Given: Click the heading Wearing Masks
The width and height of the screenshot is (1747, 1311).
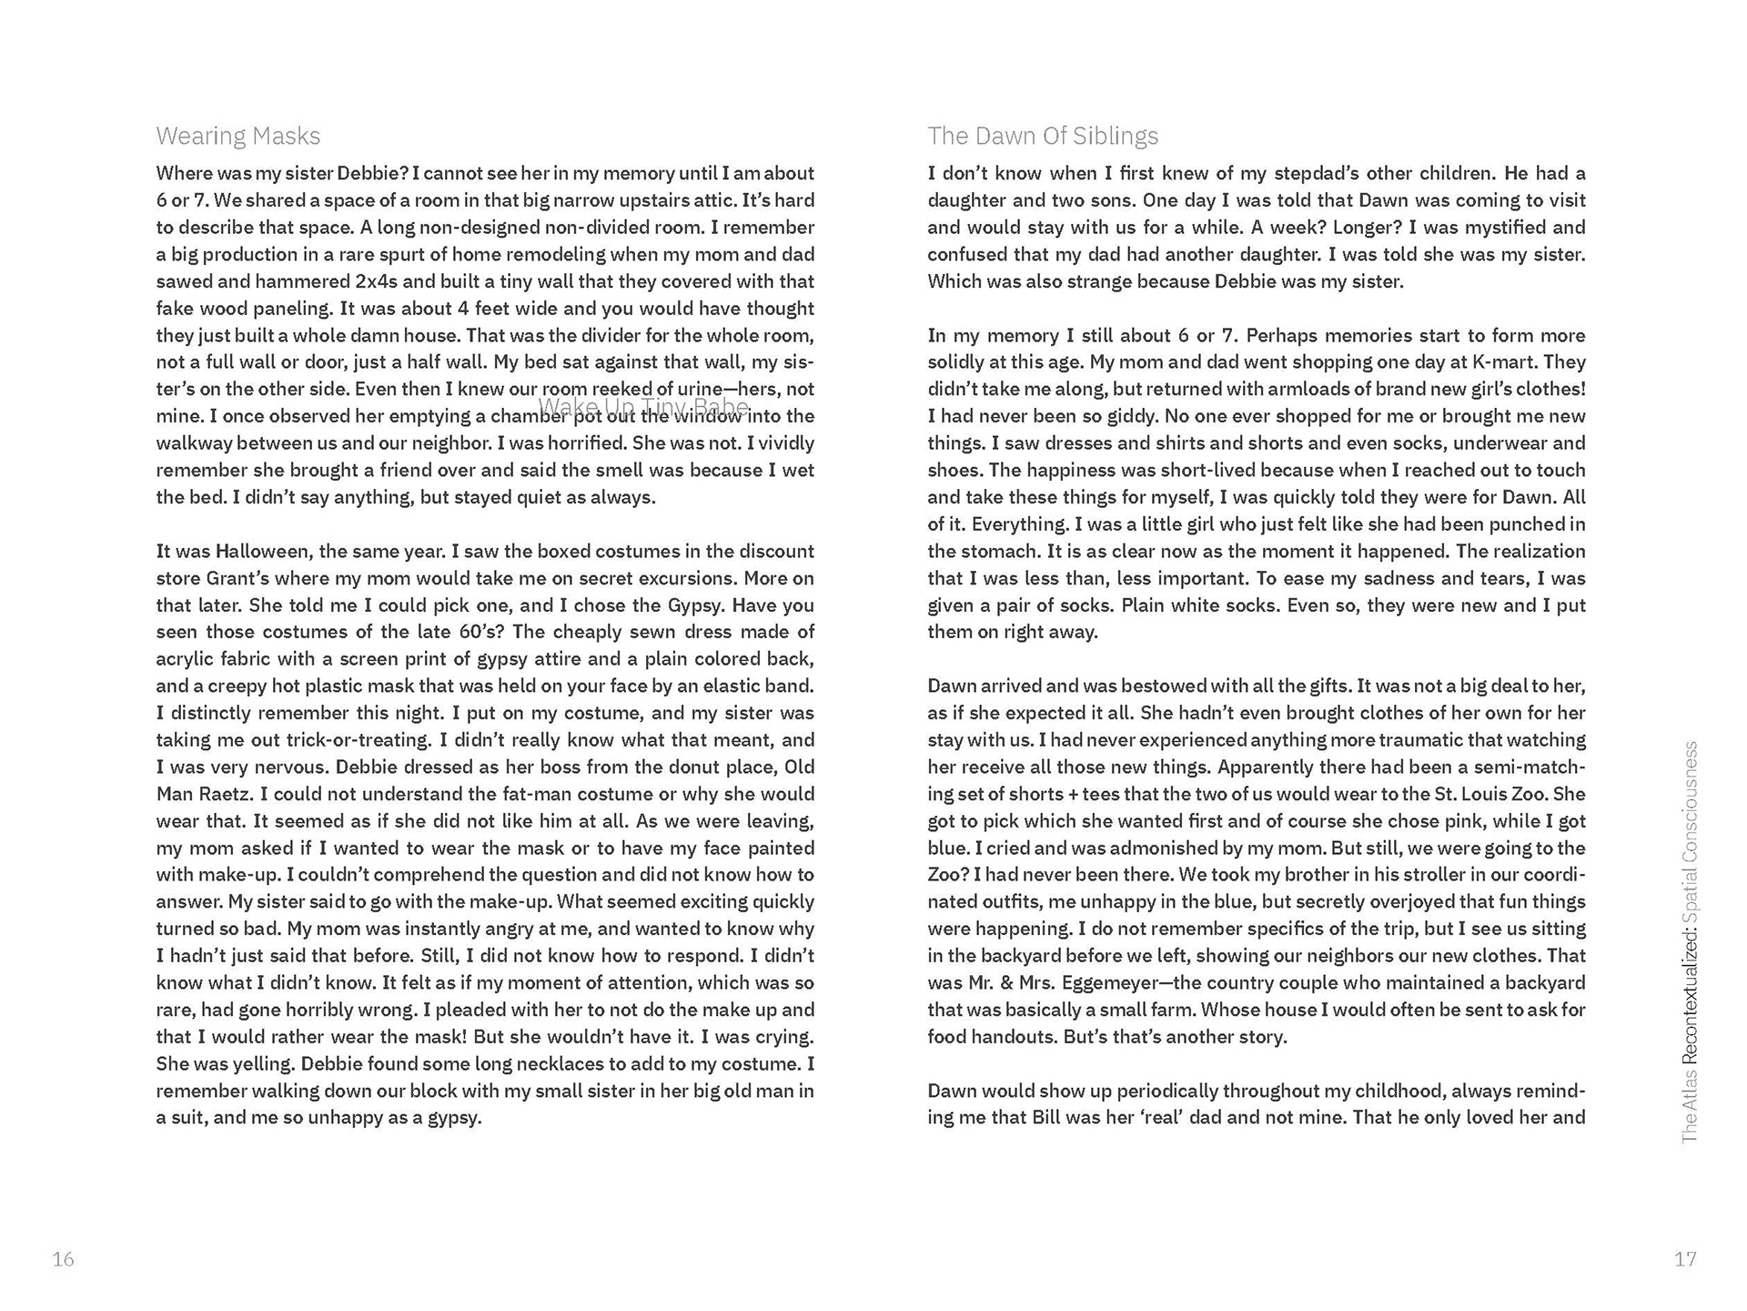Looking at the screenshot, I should click(238, 137).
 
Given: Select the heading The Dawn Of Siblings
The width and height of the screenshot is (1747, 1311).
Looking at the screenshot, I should click(1043, 137).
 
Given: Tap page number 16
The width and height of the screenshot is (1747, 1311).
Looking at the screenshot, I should click(63, 1259).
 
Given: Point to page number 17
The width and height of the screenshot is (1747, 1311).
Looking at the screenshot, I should click(1685, 1259).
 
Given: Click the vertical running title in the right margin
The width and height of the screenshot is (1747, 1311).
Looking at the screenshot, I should click(1690, 942).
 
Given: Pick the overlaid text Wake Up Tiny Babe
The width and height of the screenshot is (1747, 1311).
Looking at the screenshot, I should click(644, 406).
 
